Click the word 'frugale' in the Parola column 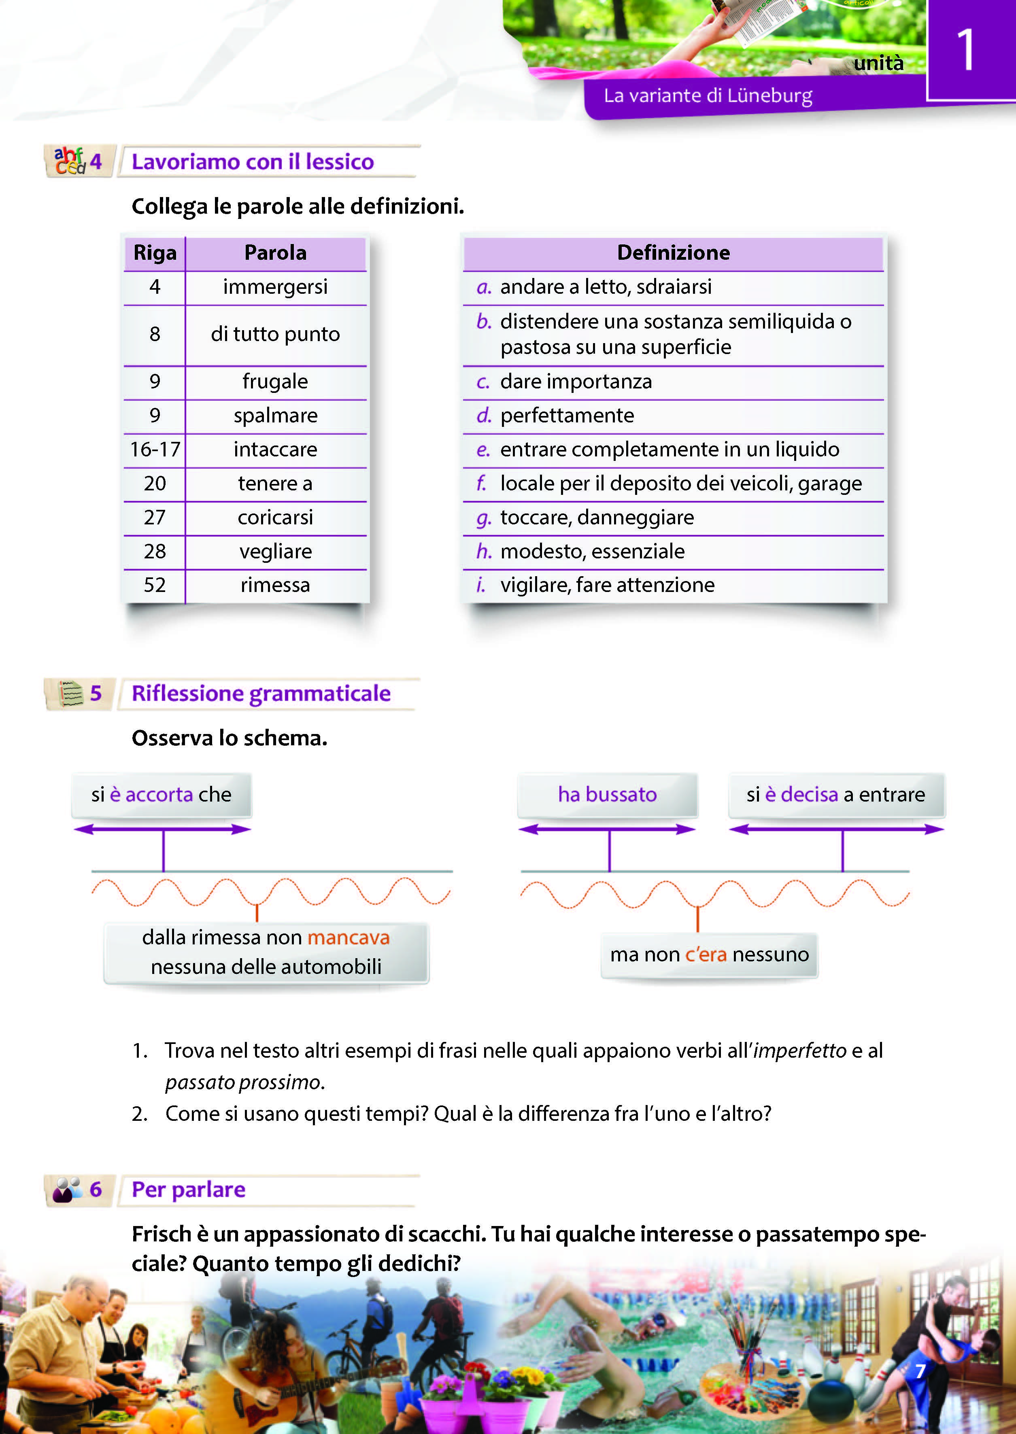pyautogui.click(x=275, y=382)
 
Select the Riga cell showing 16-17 pyautogui.click(x=155, y=450)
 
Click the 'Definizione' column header pyautogui.click(x=673, y=252)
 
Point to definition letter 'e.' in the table pyautogui.click(x=483, y=450)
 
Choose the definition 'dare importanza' pyautogui.click(x=576, y=382)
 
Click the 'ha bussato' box pyautogui.click(x=607, y=794)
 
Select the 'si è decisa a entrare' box pyautogui.click(x=836, y=794)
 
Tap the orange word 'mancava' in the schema pyautogui.click(x=349, y=938)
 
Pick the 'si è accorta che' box pyautogui.click(x=162, y=794)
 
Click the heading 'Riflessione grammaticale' pyautogui.click(x=261, y=694)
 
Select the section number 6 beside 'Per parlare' pyautogui.click(x=96, y=1190)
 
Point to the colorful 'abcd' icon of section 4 pyautogui.click(x=69, y=161)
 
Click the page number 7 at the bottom pyautogui.click(x=920, y=1371)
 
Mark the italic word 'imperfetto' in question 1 pyautogui.click(x=799, y=1051)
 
